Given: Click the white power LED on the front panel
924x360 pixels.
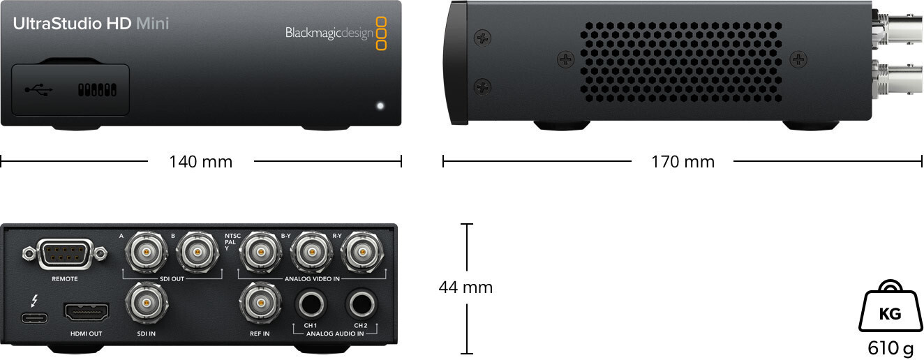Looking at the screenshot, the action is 380,106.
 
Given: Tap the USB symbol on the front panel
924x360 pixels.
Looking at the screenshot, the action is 38,89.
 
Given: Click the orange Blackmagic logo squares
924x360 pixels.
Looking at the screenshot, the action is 381,33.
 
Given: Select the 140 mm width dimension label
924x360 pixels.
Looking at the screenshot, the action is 200,162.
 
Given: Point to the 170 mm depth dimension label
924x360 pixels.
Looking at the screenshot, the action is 683,162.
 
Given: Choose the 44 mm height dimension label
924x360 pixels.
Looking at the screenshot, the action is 465,287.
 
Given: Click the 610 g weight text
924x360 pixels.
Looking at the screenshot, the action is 891,348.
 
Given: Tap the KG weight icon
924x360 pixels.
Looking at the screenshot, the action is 891,306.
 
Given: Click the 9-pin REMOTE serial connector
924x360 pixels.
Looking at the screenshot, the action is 65,252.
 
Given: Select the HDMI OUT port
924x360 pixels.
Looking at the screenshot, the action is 87,312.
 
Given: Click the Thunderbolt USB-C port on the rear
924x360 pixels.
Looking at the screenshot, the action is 34,318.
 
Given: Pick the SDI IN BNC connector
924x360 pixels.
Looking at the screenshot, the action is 146,303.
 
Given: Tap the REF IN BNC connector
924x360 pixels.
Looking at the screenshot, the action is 260,303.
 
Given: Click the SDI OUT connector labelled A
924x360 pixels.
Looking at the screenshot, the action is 146,252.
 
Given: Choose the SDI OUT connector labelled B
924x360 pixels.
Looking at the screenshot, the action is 198,252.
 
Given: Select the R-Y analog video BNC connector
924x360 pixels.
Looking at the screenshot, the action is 362,252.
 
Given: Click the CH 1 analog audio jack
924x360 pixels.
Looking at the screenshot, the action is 311,304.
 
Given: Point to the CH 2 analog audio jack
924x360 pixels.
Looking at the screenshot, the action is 362,304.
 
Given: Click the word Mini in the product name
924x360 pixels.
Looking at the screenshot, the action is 152,23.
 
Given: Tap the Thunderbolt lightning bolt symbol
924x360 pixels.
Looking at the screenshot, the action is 35,301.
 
